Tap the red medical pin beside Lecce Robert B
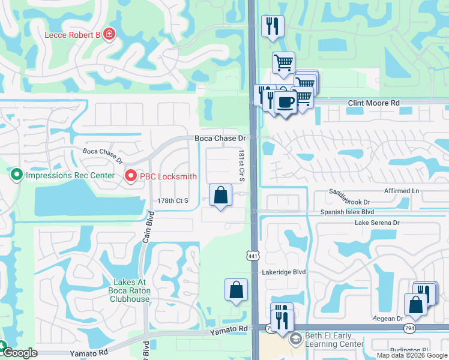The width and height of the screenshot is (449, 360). pyautogui.click(x=109, y=34)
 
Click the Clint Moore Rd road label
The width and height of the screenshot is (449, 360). pyautogui.click(x=374, y=103)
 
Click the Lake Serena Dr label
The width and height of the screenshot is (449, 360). pyautogui.click(x=377, y=223)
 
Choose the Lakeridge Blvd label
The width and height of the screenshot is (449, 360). pyautogui.click(x=284, y=272)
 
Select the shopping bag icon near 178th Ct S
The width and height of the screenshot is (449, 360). pyautogui.click(x=221, y=195)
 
